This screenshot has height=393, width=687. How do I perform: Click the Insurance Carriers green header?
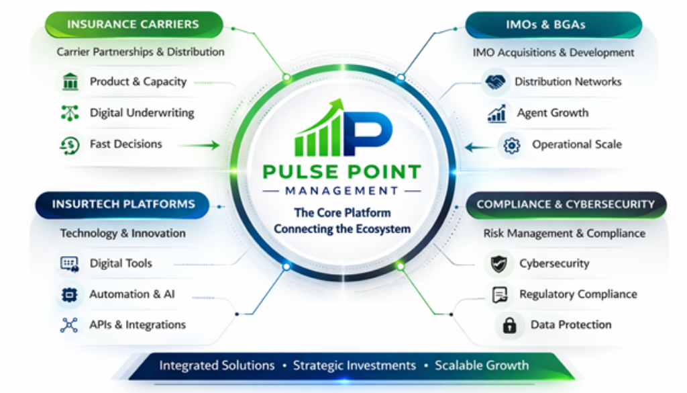click(x=133, y=25)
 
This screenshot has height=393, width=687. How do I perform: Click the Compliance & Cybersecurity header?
click(x=566, y=204)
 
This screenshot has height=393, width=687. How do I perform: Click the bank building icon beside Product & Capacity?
click(x=70, y=82)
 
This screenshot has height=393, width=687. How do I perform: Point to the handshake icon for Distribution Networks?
click(x=495, y=82)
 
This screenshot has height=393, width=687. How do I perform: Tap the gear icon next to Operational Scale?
click(x=512, y=144)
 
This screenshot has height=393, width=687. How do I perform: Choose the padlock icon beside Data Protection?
click(x=510, y=325)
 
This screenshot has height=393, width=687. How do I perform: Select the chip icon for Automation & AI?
click(x=69, y=294)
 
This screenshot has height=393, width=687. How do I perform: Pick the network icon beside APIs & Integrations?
click(x=69, y=325)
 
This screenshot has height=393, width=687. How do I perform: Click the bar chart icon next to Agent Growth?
click(x=497, y=114)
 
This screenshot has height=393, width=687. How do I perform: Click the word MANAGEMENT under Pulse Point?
click(x=342, y=191)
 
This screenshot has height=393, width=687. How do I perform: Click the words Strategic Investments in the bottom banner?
click(x=354, y=366)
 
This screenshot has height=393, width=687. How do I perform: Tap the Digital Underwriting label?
click(x=142, y=113)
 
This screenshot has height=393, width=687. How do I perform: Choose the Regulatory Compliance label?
click(x=578, y=294)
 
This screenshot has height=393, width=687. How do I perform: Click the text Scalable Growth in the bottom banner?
click(x=482, y=366)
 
